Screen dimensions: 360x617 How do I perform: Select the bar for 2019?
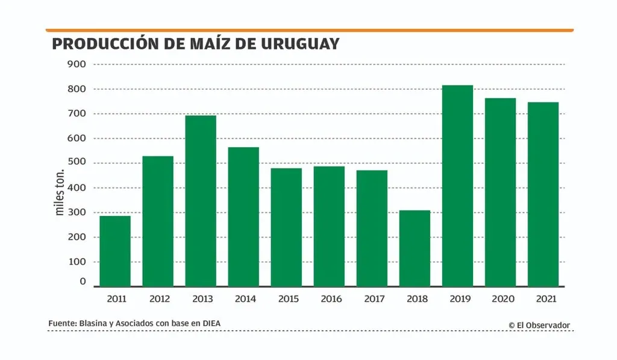click(457, 186)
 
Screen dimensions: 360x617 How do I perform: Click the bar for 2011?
click(115, 251)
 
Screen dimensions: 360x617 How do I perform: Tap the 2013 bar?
click(201, 201)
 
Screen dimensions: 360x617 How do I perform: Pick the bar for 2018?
click(415, 248)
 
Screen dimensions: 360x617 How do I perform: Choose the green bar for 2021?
click(543, 194)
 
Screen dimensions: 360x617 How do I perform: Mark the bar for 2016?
click(329, 226)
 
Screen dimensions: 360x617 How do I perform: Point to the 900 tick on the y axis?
click(77, 64)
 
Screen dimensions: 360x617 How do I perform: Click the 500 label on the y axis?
click(77, 163)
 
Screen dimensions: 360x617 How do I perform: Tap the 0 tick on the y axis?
click(83, 282)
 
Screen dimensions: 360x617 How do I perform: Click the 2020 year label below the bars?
click(500, 299)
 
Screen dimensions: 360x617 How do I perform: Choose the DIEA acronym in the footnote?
click(211, 324)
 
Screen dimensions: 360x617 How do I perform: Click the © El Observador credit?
click(539, 326)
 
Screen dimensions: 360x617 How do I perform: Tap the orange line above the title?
click(309, 30)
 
